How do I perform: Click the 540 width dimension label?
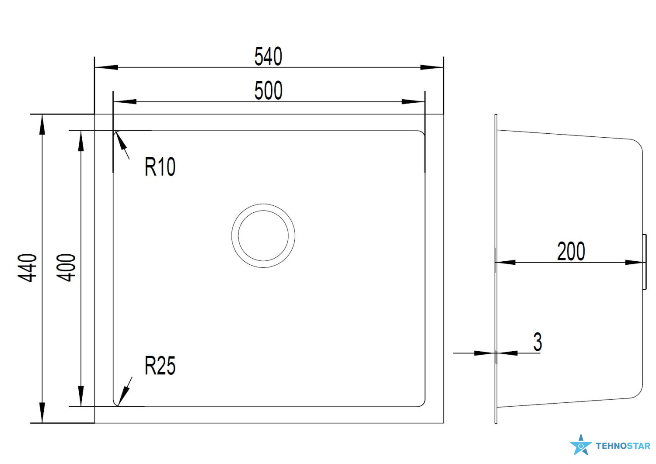point(268,56)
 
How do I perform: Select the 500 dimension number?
point(268,91)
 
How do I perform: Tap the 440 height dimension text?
point(27,268)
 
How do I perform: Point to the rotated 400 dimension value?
point(66,268)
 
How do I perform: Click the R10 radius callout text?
point(160,166)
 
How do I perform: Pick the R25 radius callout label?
point(160,366)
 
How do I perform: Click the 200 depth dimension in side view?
point(571,251)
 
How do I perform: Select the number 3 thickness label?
point(537,342)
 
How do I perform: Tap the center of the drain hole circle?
point(263,236)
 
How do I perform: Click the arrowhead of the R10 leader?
point(121,140)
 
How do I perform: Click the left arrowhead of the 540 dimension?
point(106,67)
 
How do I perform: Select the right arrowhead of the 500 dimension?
point(413,102)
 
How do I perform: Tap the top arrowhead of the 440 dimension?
point(42,125)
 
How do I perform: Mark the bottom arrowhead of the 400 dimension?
point(81,396)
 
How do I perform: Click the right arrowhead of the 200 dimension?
point(635,263)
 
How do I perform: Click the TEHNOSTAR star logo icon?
point(580,445)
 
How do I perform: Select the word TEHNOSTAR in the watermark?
point(623,446)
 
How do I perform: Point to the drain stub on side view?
point(644,262)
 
